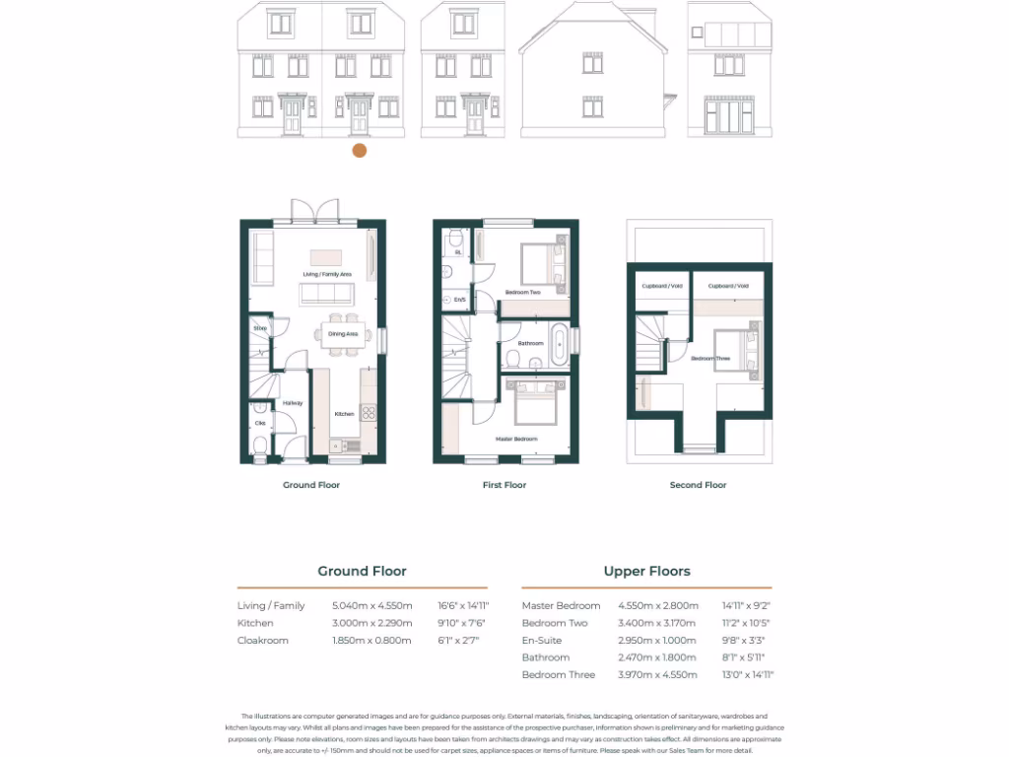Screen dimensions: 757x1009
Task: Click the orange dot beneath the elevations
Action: [x=360, y=150]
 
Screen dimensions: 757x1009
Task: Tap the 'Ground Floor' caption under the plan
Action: [x=312, y=485]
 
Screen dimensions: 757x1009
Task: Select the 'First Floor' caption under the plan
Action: [x=504, y=485]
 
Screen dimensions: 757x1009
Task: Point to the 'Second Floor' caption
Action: [x=699, y=485]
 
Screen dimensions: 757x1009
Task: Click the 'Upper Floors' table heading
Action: [x=646, y=571]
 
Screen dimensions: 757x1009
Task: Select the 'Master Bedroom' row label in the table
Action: [x=561, y=605]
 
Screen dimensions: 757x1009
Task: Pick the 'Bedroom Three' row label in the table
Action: [x=559, y=675]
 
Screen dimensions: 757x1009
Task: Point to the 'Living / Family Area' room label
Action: [x=327, y=274]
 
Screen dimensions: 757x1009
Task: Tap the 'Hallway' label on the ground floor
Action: [x=293, y=403]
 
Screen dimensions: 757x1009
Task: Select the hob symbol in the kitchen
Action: [x=369, y=413]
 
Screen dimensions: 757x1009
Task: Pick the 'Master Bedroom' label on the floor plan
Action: [x=516, y=439]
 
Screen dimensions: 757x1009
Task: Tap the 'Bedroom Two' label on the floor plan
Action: [x=523, y=293]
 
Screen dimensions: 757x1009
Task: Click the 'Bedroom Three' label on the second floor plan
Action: [x=710, y=359]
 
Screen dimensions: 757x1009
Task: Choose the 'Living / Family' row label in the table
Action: [x=271, y=605]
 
